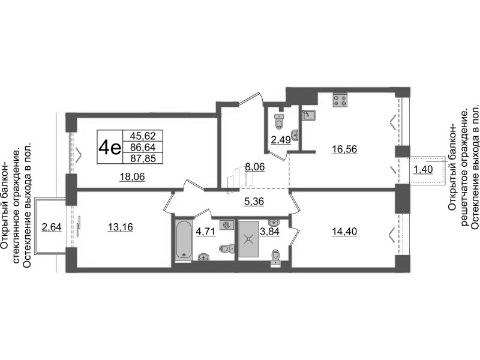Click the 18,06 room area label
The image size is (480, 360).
132,176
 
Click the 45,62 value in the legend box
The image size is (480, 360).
143,136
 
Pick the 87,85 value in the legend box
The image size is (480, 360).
143,158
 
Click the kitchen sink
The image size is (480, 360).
309,116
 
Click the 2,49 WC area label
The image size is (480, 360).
281,140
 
